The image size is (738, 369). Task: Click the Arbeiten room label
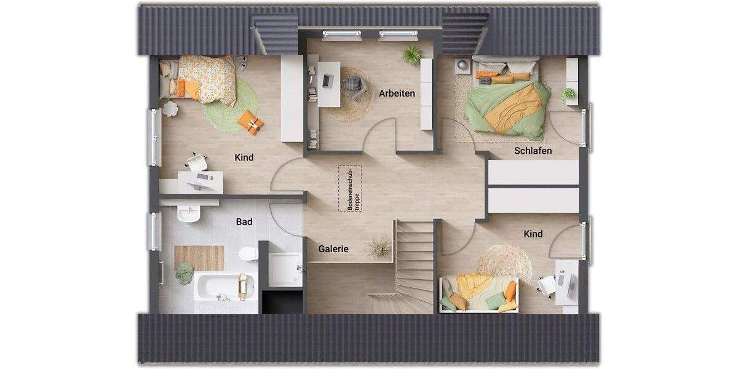click(x=397, y=93)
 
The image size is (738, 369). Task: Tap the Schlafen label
click(x=533, y=151)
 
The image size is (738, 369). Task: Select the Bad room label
click(x=244, y=221)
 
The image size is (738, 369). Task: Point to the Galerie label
click(x=333, y=249)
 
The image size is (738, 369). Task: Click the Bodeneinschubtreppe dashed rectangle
click(x=349, y=189)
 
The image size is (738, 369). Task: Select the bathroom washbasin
click(x=188, y=213)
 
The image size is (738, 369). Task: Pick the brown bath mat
click(x=199, y=258)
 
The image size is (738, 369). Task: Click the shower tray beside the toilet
click(x=285, y=270)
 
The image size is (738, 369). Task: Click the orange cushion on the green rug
click(x=251, y=122)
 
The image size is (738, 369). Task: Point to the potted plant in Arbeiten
click(x=411, y=55)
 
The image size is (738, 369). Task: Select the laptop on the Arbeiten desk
click(x=328, y=80)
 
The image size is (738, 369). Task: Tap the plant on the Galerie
click(x=378, y=247)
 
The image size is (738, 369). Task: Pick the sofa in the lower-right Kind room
click(x=478, y=293)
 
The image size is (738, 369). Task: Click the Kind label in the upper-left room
click(x=244, y=157)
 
